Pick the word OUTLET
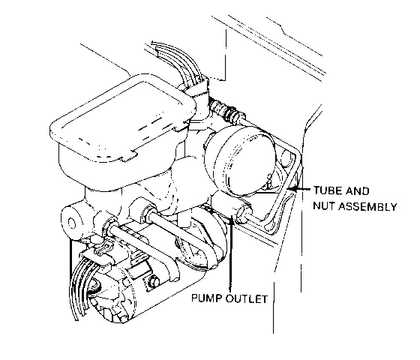(x=247, y=298)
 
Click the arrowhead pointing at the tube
(x=292, y=189)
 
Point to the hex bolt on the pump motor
(x=153, y=281)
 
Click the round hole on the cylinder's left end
(x=72, y=223)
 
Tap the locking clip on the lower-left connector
(x=103, y=248)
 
